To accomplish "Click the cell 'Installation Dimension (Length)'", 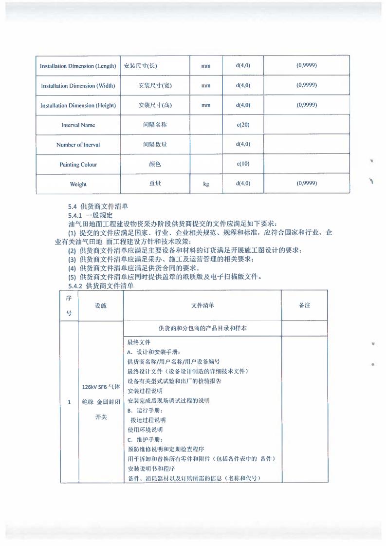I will tap(78, 66).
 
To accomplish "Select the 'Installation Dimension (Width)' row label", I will tap(78, 86).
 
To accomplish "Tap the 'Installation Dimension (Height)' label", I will tap(78, 105).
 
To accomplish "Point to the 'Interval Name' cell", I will tap(78, 125).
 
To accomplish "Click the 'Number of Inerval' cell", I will tap(78, 145).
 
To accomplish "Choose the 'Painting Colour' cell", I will tap(78, 165).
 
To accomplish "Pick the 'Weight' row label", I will tap(78, 184).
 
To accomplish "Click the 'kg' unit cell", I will tap(206, 184).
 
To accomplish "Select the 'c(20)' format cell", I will tap(243, 125).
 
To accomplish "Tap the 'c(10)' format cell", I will tap(243, 164).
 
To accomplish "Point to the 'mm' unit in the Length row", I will tap(206, 66).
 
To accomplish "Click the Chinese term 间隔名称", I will tap(154, 125).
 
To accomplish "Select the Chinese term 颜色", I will tap(154, 164).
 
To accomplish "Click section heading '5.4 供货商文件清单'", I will tap(98, 207).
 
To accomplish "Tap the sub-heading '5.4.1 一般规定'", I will tap(91, 215).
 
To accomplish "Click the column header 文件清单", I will tap(203, 305).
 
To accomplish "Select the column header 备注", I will tap(304, 305).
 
